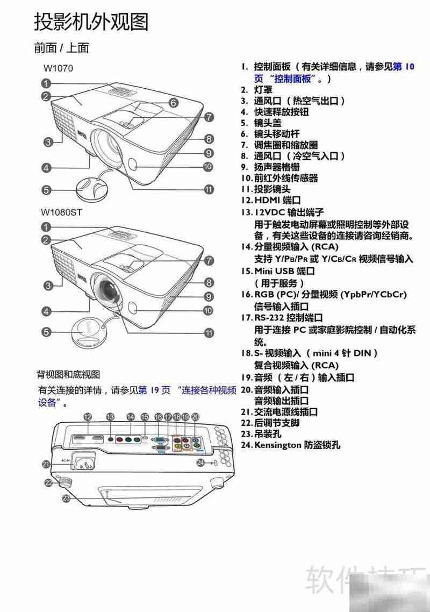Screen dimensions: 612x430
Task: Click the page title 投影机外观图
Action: tap(91, 22)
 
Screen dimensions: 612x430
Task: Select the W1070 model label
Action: tap(58, 68)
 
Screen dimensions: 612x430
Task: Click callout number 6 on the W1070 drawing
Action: tap(173, 102)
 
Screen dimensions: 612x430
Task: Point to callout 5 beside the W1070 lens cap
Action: tap(47, 190)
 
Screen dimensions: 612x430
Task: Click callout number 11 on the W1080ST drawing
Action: tap(209, 332)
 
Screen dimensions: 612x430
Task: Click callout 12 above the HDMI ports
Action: tap(88, 417)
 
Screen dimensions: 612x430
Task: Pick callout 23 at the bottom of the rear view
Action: tap(66, 499)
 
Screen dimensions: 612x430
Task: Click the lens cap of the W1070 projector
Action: tap(92, 186)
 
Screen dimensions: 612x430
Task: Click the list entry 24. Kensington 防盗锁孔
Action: tap(290, 445)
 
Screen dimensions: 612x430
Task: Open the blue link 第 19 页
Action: tap(154, 390)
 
